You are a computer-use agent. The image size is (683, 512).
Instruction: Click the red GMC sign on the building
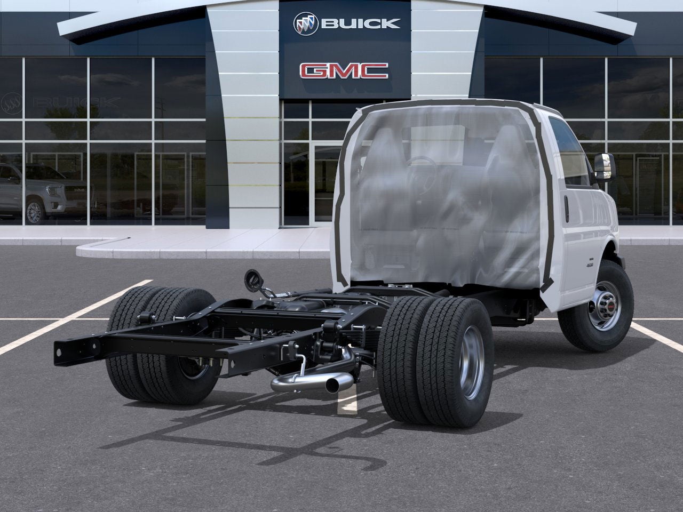(344, 71)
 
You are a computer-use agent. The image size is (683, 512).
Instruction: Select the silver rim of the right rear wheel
(473, 361)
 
